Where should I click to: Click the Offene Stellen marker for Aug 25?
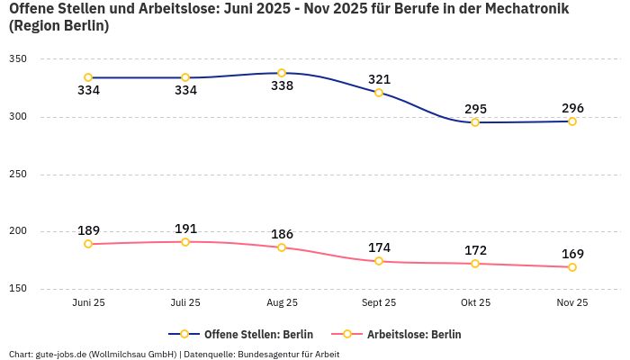[282, 73]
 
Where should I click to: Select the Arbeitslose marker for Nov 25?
[572, 267]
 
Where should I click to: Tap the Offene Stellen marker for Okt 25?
[475, 122]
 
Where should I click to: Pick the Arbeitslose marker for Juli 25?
[185, 242]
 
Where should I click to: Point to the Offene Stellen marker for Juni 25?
[88, 77]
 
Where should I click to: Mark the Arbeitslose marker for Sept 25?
[379, 261]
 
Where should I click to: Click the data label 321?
[379, 79]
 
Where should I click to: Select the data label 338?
[282, 86]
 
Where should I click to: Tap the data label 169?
[572, 254]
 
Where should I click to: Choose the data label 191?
[185, 229]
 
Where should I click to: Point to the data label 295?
[475, 109]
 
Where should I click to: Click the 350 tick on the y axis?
[18, 59]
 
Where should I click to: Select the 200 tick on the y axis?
[18, 231]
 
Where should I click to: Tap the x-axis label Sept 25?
[379, 303]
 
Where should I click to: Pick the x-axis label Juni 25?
[88, 303]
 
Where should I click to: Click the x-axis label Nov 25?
[572, 303]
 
